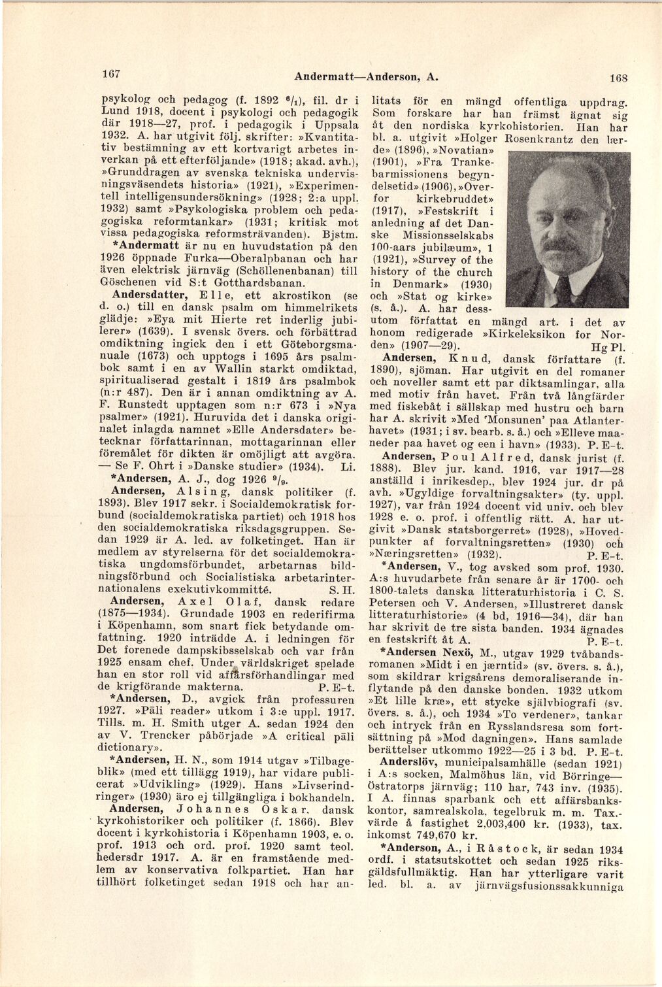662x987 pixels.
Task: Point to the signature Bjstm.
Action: pos(340,234)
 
